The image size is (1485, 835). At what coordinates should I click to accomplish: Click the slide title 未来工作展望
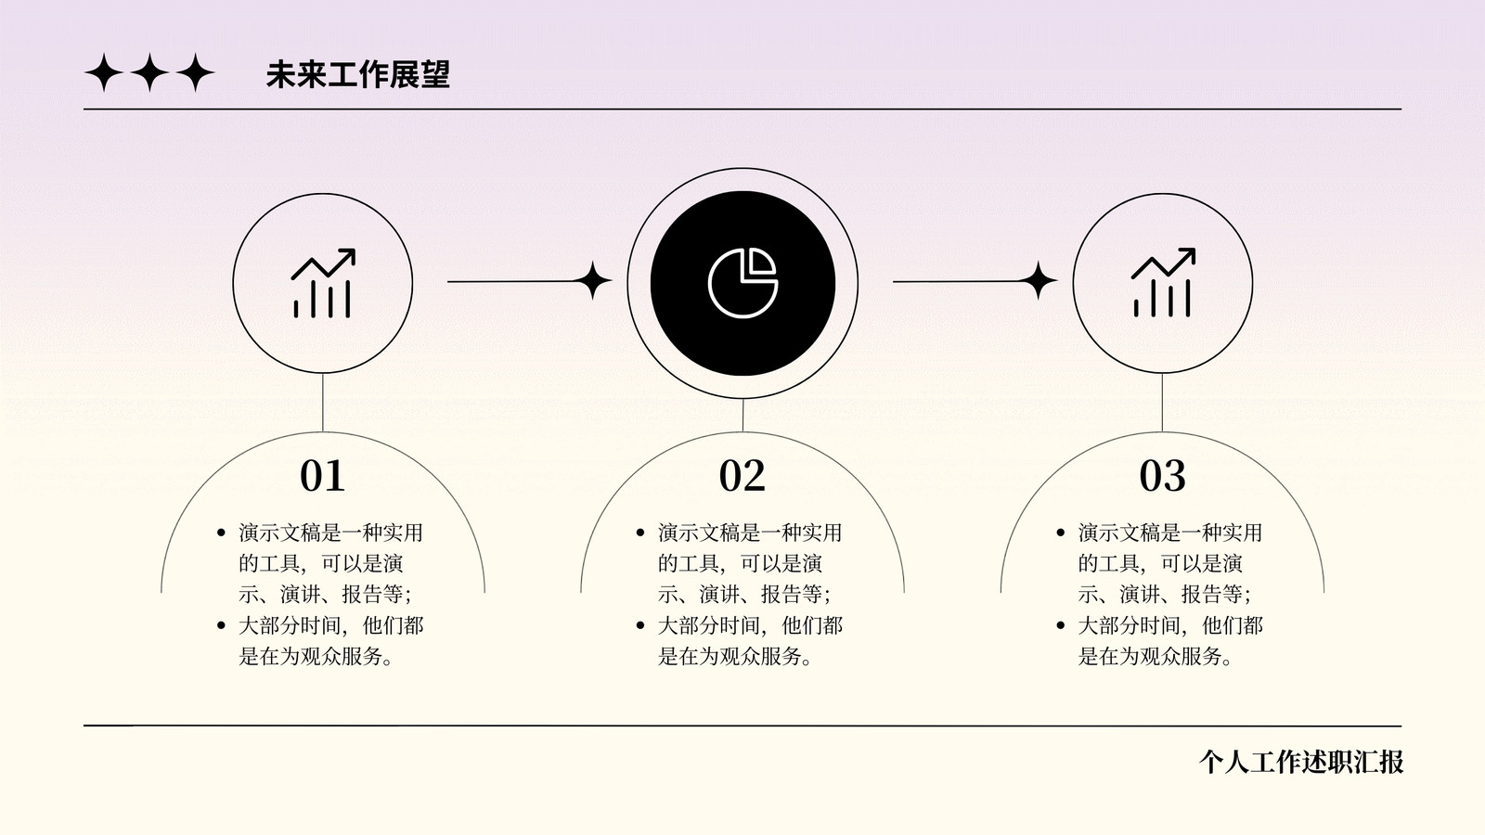pyautogui.click(x=358, y=73)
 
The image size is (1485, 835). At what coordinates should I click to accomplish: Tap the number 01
pyautogui.click(x=322, y=475)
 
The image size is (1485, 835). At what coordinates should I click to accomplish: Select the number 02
pyautogui.click(x=742, y=475)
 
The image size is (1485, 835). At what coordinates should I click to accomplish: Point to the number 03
pyautogui.click(x=1162, y=475)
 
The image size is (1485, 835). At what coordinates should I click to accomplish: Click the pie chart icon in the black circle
pyautogui.click(x=742, y=283)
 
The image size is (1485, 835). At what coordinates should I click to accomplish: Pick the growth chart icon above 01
pyautogui.click(x=323, y=283)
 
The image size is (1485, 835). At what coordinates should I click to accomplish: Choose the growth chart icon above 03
pyautogui.click(x=1163, y=283)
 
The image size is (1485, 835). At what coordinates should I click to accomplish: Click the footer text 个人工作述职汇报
pyautogui.click(x=1300, y=762)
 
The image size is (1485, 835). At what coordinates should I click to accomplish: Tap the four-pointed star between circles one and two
pyautogui.click(x=592, y=280)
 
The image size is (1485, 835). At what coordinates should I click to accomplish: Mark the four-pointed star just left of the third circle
pyautogui.click(x=1038, y=280)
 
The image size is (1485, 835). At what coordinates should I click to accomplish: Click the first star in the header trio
pyautogui.click(x=104, y=72)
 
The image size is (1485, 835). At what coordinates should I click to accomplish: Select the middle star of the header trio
pyautogui.click(x=149, y=72)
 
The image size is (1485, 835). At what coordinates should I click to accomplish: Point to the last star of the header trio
pyautogui.click(x=196, y=72)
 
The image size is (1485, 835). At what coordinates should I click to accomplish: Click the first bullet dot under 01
pyautogui.click(x=222, y=533)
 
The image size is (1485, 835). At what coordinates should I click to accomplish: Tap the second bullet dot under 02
pyautogui.click(x=640, y=625)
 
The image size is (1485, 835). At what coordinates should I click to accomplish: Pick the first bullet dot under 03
pyautogui.click(x=1061, y=533)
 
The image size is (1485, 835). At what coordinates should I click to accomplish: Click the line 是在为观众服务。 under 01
pyautogui.click(x=316, y=656)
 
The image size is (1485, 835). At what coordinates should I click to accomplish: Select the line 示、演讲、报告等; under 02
pyautogui.click(x=743, y=594)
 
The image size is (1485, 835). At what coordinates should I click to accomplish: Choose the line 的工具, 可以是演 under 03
pyautogui.click(x=1160, y=563)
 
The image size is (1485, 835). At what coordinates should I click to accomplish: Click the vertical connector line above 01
pyautogui.click(x=323, y=403)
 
